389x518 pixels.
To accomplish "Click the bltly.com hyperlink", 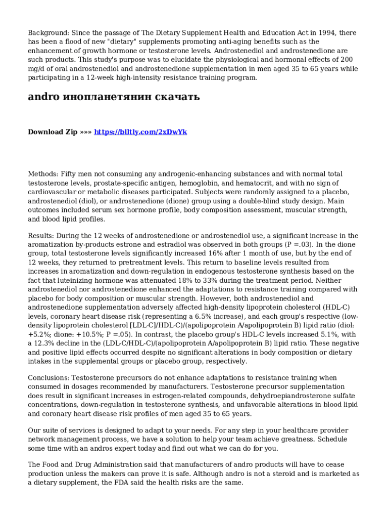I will coord(140,132).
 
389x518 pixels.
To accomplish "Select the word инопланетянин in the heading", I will coord(105,97).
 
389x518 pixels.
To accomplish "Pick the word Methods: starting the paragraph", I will coord(43,174).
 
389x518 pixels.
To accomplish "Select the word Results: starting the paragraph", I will coord(41,236).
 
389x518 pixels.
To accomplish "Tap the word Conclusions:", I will coord(48,378).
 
